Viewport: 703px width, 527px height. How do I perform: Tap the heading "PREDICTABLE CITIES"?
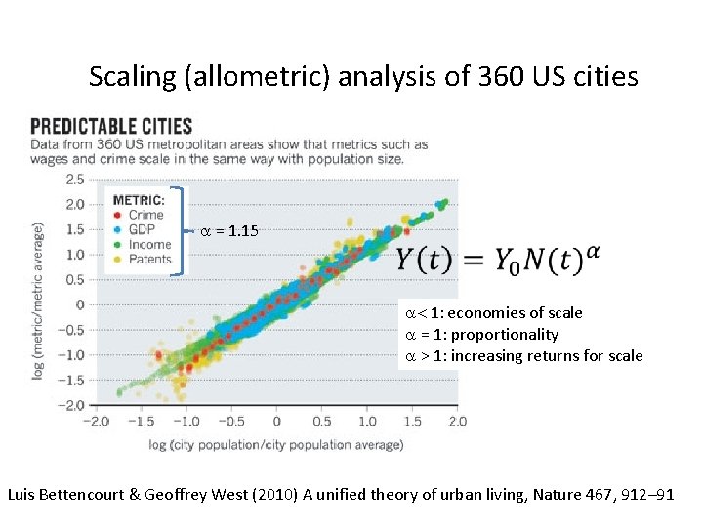pyautogui.click(x=111, y=127)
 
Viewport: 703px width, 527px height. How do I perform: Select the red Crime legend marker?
pyautogui.click(x=118, y=215)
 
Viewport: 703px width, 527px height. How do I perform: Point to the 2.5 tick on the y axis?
pyautogui.click(x=73, y=180)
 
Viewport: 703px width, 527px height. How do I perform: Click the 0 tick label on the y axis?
pyautogui.click(x=80, y=304)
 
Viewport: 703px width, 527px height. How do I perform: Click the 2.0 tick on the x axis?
pyautogui.click(x=456, y=421)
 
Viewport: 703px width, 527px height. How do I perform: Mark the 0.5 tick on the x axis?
pyautogui.click(x=322, y=421)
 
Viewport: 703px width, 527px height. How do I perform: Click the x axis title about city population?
pyautogui.click(x=276, y=445)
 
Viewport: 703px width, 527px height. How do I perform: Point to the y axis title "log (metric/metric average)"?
pyautogui.click(x=39, y=301)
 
